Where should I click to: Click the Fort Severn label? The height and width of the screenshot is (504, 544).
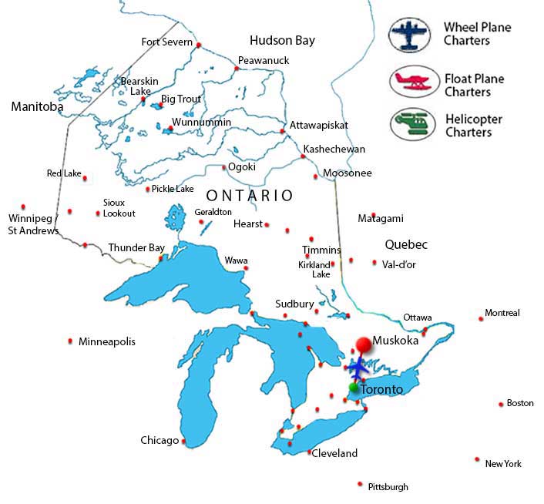tap(166, 42)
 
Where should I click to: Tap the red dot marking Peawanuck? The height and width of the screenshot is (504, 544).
tap(237, 69)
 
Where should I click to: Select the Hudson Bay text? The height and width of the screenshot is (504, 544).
tap(282, 41)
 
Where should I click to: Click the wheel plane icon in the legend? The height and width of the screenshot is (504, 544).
tap(411, 35)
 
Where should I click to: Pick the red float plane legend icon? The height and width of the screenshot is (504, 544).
tap(411, 82)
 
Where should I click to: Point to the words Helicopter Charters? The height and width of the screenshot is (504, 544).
tap(473, 126)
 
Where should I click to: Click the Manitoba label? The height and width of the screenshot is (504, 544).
tap(37, 107)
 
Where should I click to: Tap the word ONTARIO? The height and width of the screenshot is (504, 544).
tap(249, 196)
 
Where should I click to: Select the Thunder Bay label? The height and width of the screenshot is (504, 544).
tap(136, 248)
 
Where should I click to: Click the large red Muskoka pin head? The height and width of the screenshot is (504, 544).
tap(362, 345)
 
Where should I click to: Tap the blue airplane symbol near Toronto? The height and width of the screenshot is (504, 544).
tap(359, 366)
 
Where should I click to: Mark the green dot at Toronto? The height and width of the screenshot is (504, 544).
tap(354, 388)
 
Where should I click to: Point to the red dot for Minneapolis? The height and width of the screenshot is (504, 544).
tap(71, 341)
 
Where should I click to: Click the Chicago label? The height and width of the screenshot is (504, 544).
tap(159, 441)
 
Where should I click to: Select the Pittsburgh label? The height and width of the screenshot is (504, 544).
tap(388, 487)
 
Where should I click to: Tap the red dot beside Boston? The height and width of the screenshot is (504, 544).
tap(500, 403)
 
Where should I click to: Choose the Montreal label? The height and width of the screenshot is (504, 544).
tap(502, 313)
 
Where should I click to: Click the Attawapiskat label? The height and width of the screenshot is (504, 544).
tap(318, 125)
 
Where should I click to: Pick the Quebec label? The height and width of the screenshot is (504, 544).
tap(406, 244)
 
